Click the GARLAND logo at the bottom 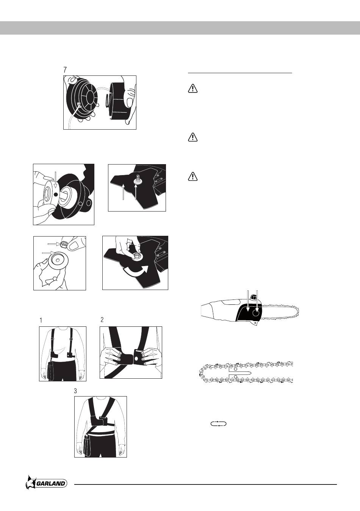point(47,483)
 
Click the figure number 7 point(65,70)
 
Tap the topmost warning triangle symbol point(193,88)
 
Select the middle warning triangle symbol point(193,137)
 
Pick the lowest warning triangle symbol point(193,177)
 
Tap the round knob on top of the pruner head point(253,297)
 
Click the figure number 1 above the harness point(41,321)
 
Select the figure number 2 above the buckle point(102,320)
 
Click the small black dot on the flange point(56,194)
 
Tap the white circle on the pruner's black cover point(256,313)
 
